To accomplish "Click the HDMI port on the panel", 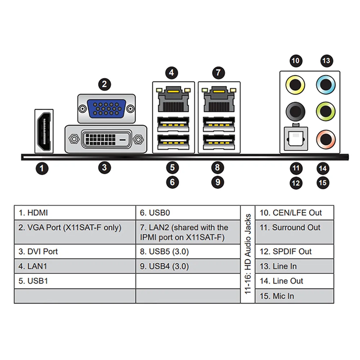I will coord(44,131).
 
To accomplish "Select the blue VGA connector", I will coord(107,109).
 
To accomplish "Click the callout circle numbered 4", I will coord(172,73).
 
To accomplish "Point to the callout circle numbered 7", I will coord(217,73).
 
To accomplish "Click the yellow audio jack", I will coord(295,85).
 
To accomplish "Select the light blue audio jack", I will coord(326,85).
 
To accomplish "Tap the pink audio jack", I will coord(326,139).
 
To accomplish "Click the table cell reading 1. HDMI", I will coord(75,213).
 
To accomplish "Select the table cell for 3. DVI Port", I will coord(75,251).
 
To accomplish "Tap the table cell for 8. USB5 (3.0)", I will coord(188,251).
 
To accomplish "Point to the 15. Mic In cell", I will coord(294,296).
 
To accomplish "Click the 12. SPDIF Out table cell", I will coord(294,251).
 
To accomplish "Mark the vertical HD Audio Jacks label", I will coord(248,254).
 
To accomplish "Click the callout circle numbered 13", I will coord(326,60).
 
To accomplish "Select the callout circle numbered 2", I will coord(104,84).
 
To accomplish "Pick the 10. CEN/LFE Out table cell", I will coord(294,213).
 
